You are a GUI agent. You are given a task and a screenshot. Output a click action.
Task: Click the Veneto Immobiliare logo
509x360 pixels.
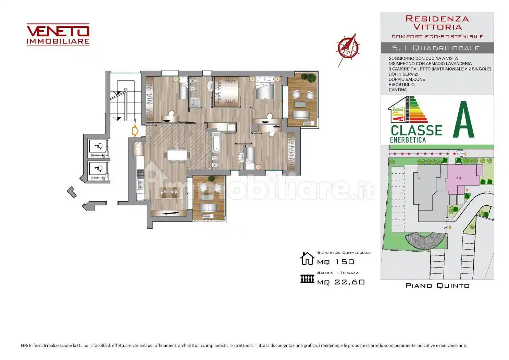(58, 35)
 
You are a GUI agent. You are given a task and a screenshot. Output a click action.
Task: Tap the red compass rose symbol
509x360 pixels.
(348, 49)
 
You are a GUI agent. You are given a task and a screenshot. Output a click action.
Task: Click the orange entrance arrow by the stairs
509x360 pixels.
(135, 131)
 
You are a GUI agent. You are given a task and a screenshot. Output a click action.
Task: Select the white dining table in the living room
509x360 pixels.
(177, 155)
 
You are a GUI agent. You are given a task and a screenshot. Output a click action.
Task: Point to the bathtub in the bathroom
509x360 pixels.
(216, 143)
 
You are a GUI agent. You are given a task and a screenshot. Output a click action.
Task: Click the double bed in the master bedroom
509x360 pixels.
(265, 88)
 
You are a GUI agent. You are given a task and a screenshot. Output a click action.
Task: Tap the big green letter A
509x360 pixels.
(463, 120)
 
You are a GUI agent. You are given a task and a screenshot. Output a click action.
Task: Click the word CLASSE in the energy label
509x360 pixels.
(417, 131)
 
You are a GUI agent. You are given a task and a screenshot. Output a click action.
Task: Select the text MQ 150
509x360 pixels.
(336, 262)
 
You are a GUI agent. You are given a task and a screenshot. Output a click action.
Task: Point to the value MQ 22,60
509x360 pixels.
(341, 282)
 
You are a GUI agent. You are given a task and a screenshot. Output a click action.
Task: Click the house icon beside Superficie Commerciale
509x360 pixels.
(307, 259)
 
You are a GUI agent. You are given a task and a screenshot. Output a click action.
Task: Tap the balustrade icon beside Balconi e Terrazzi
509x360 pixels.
(307, 279)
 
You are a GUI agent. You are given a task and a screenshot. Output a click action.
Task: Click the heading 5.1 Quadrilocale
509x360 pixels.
(436, 48)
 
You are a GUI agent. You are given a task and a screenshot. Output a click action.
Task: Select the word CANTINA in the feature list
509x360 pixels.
(398, 90)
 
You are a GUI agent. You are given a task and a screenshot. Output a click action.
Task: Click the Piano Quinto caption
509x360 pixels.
(437, 286)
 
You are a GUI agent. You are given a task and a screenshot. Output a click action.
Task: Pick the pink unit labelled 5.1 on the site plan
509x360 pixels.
(461, 178)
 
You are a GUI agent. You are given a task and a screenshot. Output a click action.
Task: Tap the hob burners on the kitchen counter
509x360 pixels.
(140, 174)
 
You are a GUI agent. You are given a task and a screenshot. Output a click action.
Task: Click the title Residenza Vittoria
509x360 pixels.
(437, 23)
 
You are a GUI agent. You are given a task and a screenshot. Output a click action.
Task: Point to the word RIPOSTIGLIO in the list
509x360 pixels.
(401, 85)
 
